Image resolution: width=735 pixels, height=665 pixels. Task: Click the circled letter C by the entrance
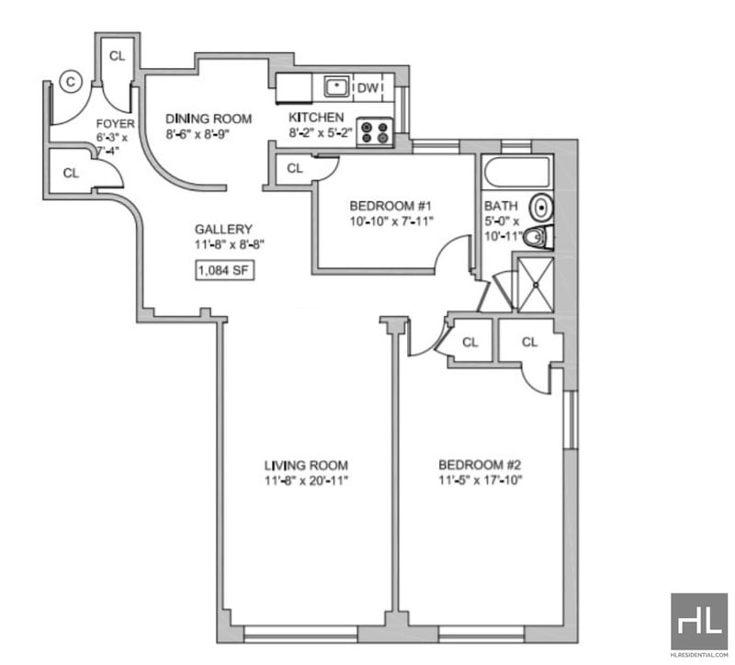(x=71, y=82)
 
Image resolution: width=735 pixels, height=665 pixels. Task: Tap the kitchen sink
(x=336, y=86)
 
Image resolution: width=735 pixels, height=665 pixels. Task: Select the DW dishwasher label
(x=367, y=87)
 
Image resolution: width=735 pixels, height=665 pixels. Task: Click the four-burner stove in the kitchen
(x=375, y=131)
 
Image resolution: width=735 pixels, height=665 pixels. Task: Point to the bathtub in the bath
(x=517, y=173)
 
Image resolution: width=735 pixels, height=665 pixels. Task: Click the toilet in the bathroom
(x=538, y=238)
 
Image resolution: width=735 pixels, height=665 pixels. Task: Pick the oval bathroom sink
(x=541, y=208)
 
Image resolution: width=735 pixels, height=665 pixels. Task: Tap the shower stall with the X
(x=535, y=284)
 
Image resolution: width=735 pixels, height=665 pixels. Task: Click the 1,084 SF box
(x=225, y=270)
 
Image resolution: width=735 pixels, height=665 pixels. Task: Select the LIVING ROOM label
(x=306, y=466)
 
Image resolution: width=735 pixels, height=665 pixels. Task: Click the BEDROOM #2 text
(x=480, y=465)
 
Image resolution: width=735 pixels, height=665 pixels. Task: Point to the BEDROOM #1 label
(x=390, y=206)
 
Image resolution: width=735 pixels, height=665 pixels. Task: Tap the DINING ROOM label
(x=209, y=118)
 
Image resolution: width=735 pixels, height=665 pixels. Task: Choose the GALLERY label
(x=223, y=229)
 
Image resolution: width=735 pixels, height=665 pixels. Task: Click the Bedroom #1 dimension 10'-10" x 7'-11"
(x=392, y=220)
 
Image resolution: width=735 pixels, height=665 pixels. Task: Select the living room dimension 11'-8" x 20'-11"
(x=307, y=480)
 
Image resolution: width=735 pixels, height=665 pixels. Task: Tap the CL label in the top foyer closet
(x=118, y=56)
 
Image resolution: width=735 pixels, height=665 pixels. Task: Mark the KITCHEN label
(x=316, y=118)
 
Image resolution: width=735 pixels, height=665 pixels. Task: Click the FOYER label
(x=116, y=124)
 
